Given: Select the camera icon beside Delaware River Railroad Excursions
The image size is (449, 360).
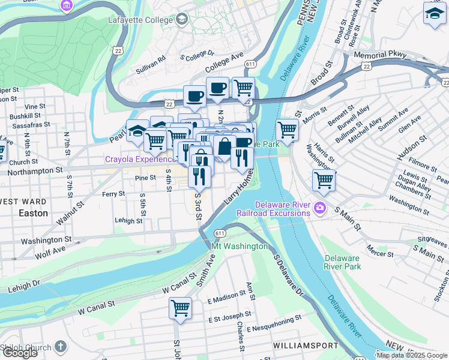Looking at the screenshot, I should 320,209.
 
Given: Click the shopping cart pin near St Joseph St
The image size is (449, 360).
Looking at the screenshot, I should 180,308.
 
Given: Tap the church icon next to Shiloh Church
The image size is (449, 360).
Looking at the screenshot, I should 60,346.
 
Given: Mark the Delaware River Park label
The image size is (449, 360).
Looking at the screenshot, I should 342,262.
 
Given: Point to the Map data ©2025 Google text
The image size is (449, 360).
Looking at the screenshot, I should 412,355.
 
